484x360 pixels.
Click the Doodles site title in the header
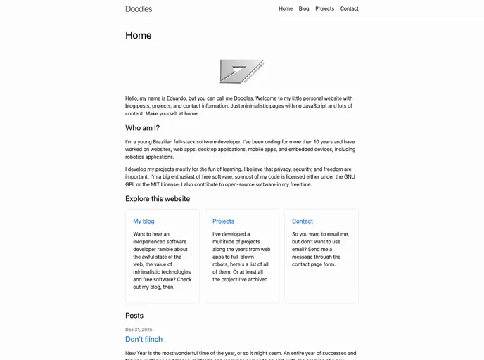click(x=139, y=9)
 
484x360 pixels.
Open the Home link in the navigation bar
click(x=286, y=9)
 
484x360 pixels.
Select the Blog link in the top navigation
click(x=304, y=9)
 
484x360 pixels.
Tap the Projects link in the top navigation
click(x=324, y=9)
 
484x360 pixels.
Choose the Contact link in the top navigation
click(x=349, y=9)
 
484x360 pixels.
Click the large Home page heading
click(x=139, y=36)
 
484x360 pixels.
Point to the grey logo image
click(x=241, y=71)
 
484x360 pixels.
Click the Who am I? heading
click(x=142, y=128)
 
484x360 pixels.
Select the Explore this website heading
click(x=158, y=199)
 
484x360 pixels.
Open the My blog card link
click(x=144, y=221)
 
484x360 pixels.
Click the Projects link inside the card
click(x=223, y=221)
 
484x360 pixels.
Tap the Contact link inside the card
click(x=302, y=221)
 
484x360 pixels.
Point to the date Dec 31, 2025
click(x=139, y=330)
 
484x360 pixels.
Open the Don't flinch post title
click(x=144, y=340)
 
